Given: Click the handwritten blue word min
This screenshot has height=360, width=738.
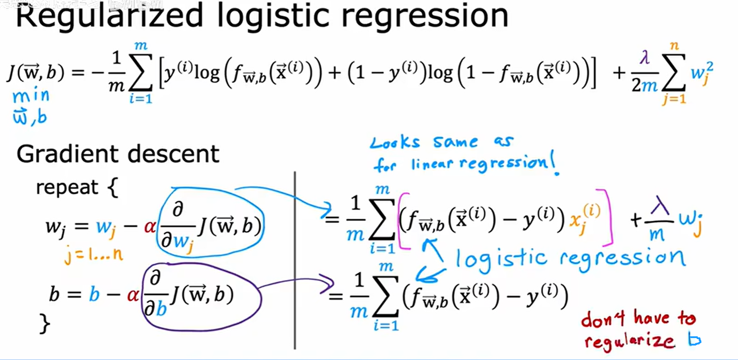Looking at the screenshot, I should pos(31,96).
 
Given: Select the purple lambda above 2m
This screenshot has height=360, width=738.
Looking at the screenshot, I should pos(645,57).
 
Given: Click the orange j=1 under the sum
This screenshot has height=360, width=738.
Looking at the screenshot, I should pos(674,99).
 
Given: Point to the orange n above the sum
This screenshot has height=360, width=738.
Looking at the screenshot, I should pos(674,46).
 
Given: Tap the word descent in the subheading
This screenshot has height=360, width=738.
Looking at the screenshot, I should pos(173,155).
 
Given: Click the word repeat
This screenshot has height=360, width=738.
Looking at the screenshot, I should pos(67,187).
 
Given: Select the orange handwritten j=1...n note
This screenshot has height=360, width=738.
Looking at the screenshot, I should pos(93,255).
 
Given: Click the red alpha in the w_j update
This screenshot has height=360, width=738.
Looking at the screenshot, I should pos(150,227).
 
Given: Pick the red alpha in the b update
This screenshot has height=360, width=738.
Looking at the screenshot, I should pos(133,295).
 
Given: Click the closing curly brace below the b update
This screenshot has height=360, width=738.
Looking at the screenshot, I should pos(45,323).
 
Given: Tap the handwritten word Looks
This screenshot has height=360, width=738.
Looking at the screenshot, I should pos(395,143).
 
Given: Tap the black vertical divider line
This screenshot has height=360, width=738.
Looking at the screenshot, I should pos(295,262).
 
